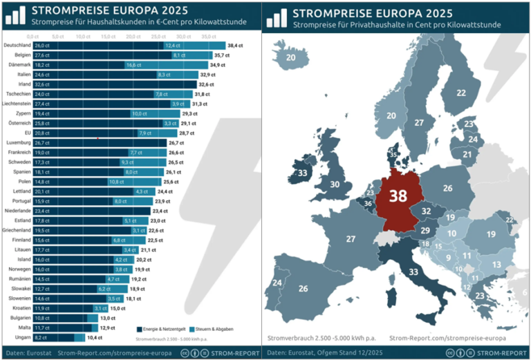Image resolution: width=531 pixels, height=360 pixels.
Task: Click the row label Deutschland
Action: point(17,44)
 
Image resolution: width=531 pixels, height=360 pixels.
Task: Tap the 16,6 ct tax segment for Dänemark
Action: point(134,64)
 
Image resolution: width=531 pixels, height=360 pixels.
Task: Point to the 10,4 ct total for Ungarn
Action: point(95,338)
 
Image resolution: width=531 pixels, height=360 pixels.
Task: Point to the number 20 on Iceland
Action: point(290,57)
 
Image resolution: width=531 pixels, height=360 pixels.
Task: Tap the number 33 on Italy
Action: point(413,272)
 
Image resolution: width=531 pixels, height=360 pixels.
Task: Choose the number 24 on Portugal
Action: point(278,283)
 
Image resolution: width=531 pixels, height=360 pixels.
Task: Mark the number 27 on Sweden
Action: point(418,122)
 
